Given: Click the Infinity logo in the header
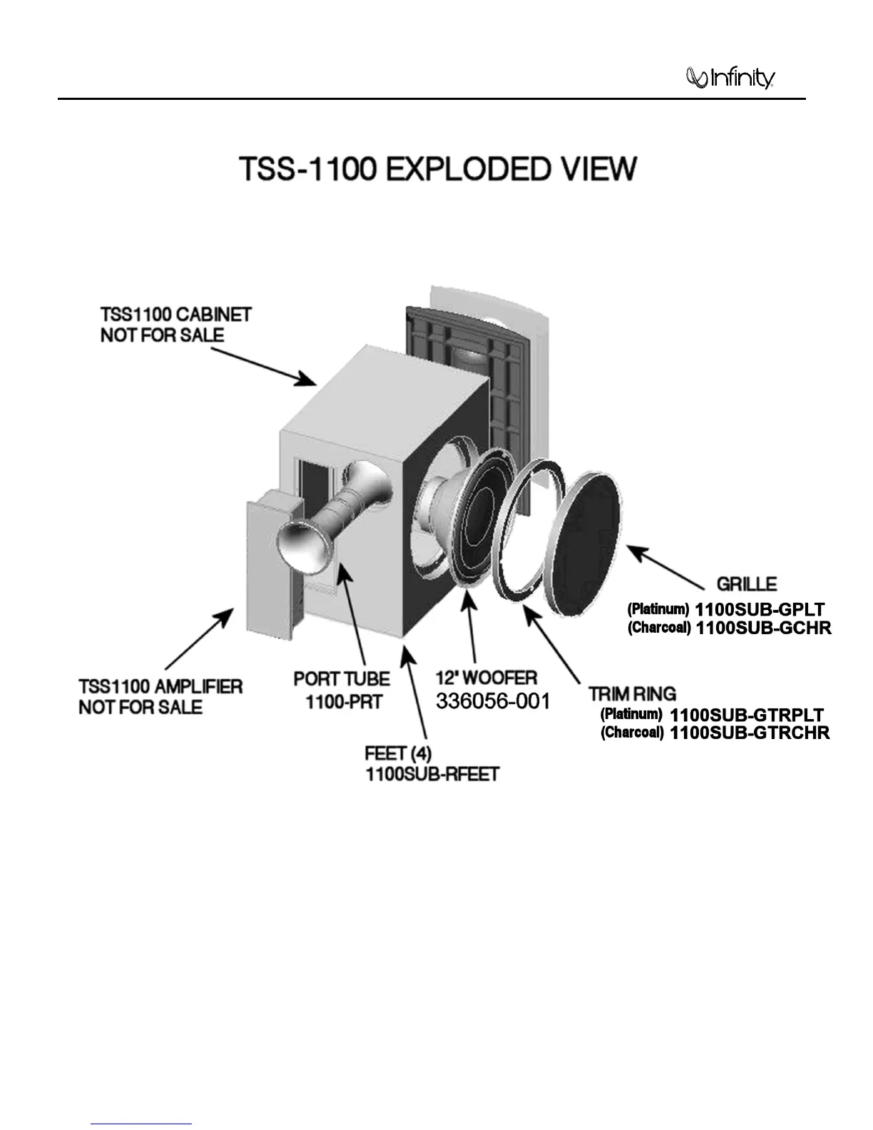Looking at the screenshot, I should coord(730,78).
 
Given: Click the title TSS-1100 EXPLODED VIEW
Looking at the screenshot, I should coord(437,169).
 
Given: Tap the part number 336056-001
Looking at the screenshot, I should coord(493,701).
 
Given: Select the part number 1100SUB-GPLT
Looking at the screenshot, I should coord(760,610).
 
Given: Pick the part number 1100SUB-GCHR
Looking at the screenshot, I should coord(763,628).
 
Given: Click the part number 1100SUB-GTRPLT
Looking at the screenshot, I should coord(747,715).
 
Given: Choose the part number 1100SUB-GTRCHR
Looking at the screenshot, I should coord(750,733).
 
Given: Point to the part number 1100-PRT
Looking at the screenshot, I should coord(344,701).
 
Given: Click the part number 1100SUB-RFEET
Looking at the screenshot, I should coord(432,775).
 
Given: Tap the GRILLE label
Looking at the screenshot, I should coord(746,584).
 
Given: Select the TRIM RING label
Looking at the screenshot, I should coord(632,693).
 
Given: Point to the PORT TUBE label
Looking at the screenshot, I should coord(342,678).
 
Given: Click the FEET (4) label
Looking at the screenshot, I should coord(398,753).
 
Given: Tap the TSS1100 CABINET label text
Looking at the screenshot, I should coord(176,315).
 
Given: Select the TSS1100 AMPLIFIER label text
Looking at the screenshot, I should coord(160,687).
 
